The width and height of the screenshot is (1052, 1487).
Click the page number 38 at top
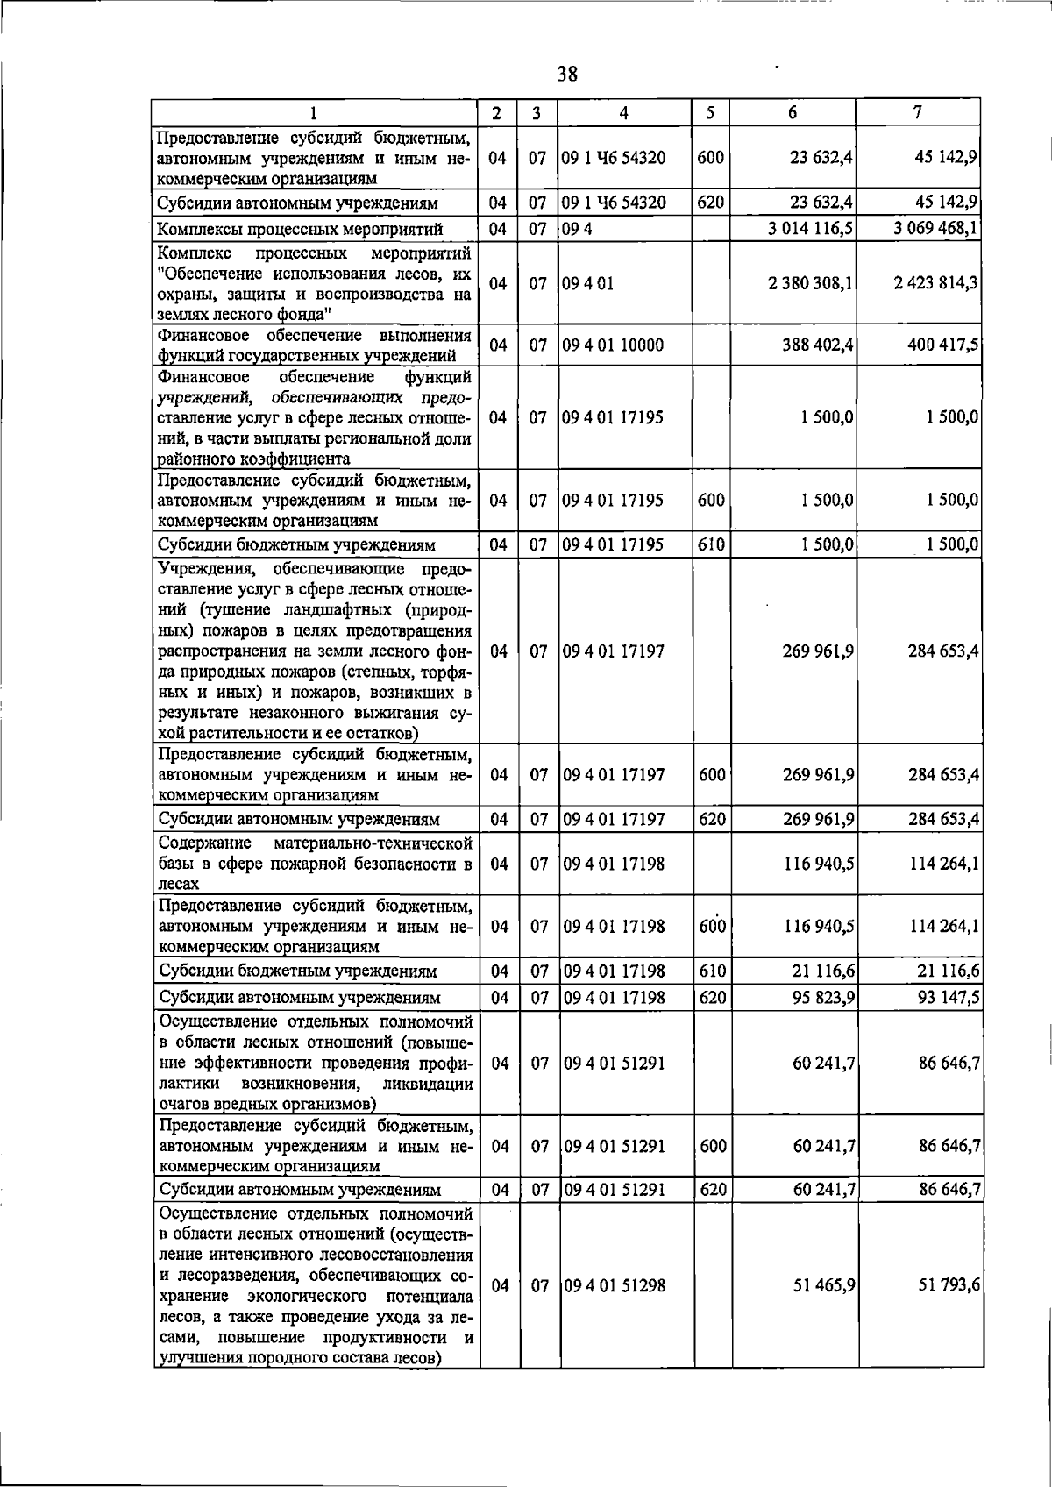pyautogui.click(x=567, y=75)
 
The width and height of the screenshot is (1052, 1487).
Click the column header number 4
pyautogui.click(x=623, y=113)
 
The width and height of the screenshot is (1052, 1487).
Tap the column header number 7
pyautogui.click(x=917, y=113)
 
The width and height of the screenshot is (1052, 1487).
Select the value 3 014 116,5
pyautogui.click(x=810, y=230)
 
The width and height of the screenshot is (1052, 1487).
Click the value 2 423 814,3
pyautogui.click(x=936, y=284)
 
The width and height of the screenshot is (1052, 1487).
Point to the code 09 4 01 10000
pyautogui.click(x=613, y=345)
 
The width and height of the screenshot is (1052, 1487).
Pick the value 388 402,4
pyautogui.click(x=818, y=345)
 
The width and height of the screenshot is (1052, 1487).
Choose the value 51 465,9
pyautogui.click(x=823, y=1286)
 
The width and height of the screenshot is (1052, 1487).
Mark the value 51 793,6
pyautogui.click(x=948, y=1286)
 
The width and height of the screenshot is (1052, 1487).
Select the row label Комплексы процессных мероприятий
pyautogui.click(x=299, y=230)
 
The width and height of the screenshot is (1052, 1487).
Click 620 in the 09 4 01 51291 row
pyautogui.click(x=713, y=1190)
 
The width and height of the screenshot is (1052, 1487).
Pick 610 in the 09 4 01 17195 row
pyautogui.click(x=711, y=544)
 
